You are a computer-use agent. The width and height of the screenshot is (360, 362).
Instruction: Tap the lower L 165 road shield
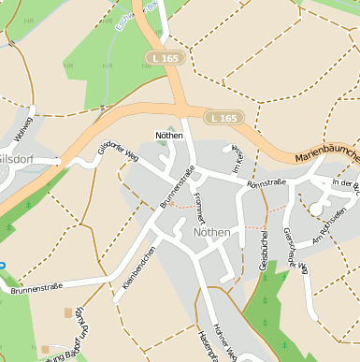point(224,118)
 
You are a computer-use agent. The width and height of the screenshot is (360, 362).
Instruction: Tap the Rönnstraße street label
point(266,182)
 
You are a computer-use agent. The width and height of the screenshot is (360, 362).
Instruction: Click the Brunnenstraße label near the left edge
point(36,287)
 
